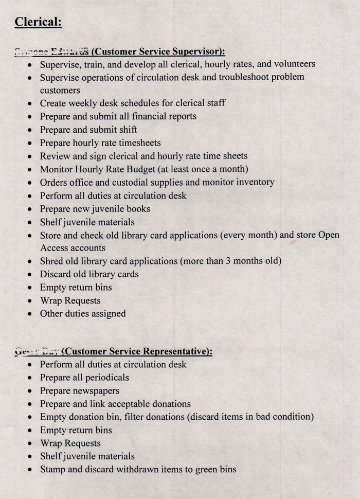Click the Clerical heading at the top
click(x=38, y=22)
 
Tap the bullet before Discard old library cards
click(x=30, y=274)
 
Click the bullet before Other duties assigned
click(x=30, y=314)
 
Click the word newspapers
click(x=95, y=391)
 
